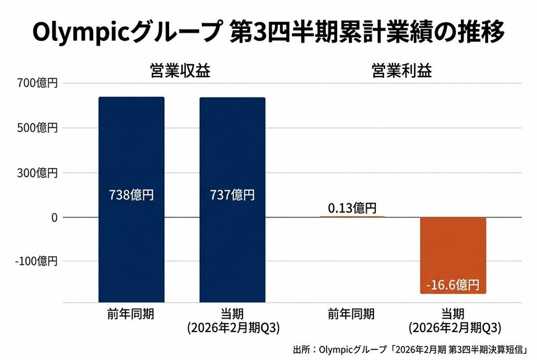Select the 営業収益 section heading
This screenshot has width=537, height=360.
(180, 70)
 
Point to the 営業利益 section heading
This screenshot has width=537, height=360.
(401, 70)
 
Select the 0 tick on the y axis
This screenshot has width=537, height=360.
(54, 217)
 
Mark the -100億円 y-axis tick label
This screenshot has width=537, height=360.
(35, 261)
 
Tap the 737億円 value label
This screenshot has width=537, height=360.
(232, 195)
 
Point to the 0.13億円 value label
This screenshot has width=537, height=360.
(352, 209)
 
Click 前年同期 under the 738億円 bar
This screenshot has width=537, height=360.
(130, 314)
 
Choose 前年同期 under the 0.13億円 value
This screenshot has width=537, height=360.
(352, 314)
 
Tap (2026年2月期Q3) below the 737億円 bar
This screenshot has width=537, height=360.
(233, 328)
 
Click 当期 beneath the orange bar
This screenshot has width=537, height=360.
(454, 314)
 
